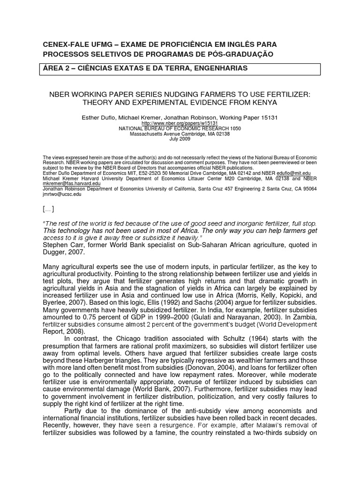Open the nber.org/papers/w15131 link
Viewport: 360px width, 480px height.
(x=180, y=123)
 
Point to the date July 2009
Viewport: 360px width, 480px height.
(x=180, y=139)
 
